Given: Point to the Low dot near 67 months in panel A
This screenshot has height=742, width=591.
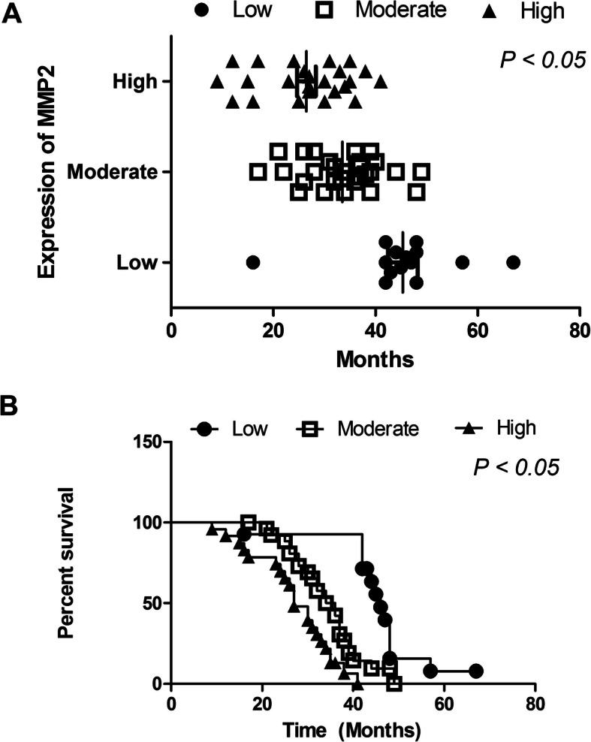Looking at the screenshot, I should point(513,262).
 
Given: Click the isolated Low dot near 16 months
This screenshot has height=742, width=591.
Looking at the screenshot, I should point(253,262).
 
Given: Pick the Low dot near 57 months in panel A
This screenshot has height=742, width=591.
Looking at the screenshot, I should point(462,262).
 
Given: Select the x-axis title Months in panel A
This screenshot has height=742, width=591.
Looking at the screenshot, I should point(375,359).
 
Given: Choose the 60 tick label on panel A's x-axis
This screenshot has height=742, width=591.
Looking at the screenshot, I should point(477,332).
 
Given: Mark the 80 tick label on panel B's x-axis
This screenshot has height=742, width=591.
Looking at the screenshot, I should point(535,707).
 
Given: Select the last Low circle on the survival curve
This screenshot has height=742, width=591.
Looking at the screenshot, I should point(475,671).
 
